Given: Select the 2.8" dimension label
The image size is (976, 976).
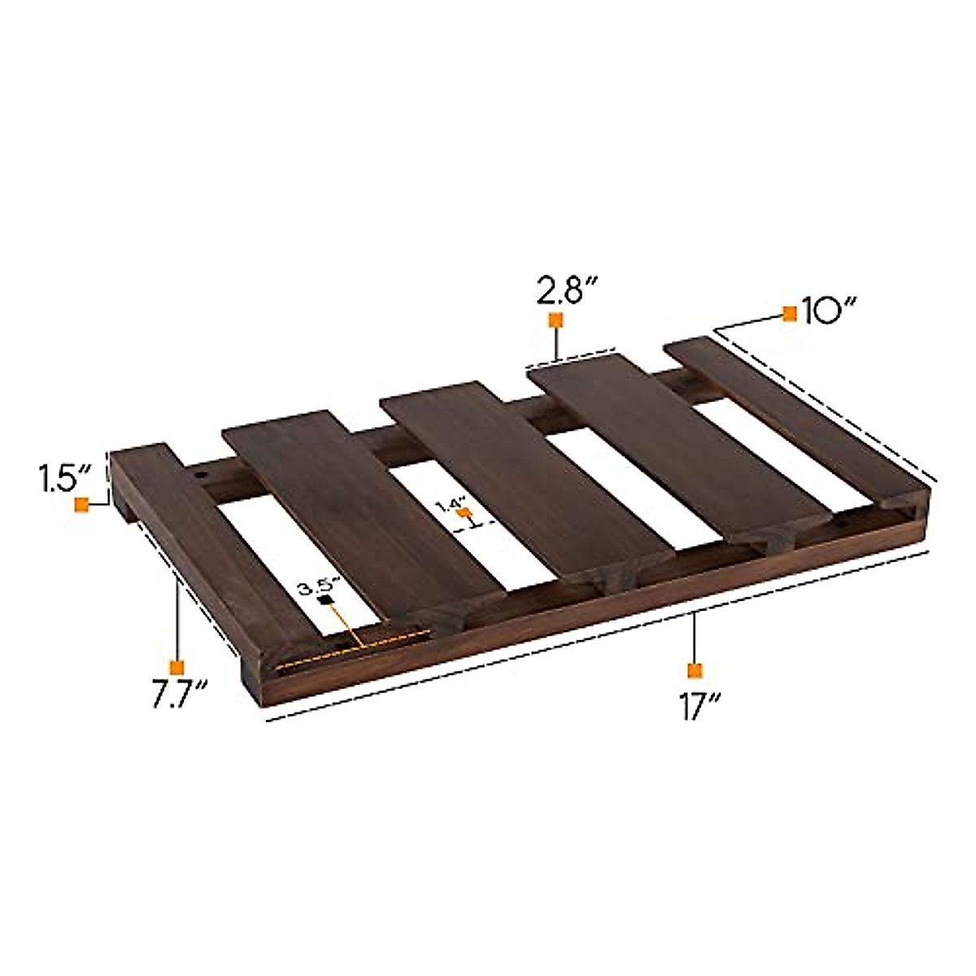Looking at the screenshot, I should coord(568,290).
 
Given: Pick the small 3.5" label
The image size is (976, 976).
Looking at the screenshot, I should coord(315,585).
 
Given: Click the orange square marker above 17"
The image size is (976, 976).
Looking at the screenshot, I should coord(694,670).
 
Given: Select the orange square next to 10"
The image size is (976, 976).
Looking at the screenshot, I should coord(789,314).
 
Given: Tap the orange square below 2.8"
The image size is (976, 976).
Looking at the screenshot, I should coord(556,320).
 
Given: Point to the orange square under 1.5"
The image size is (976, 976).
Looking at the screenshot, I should coord(81,505).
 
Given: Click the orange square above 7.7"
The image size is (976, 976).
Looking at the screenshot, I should coord(176,665).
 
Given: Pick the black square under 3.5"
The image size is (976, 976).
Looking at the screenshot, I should coord(326,601).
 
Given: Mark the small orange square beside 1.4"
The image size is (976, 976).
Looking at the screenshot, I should coord(466,513).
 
